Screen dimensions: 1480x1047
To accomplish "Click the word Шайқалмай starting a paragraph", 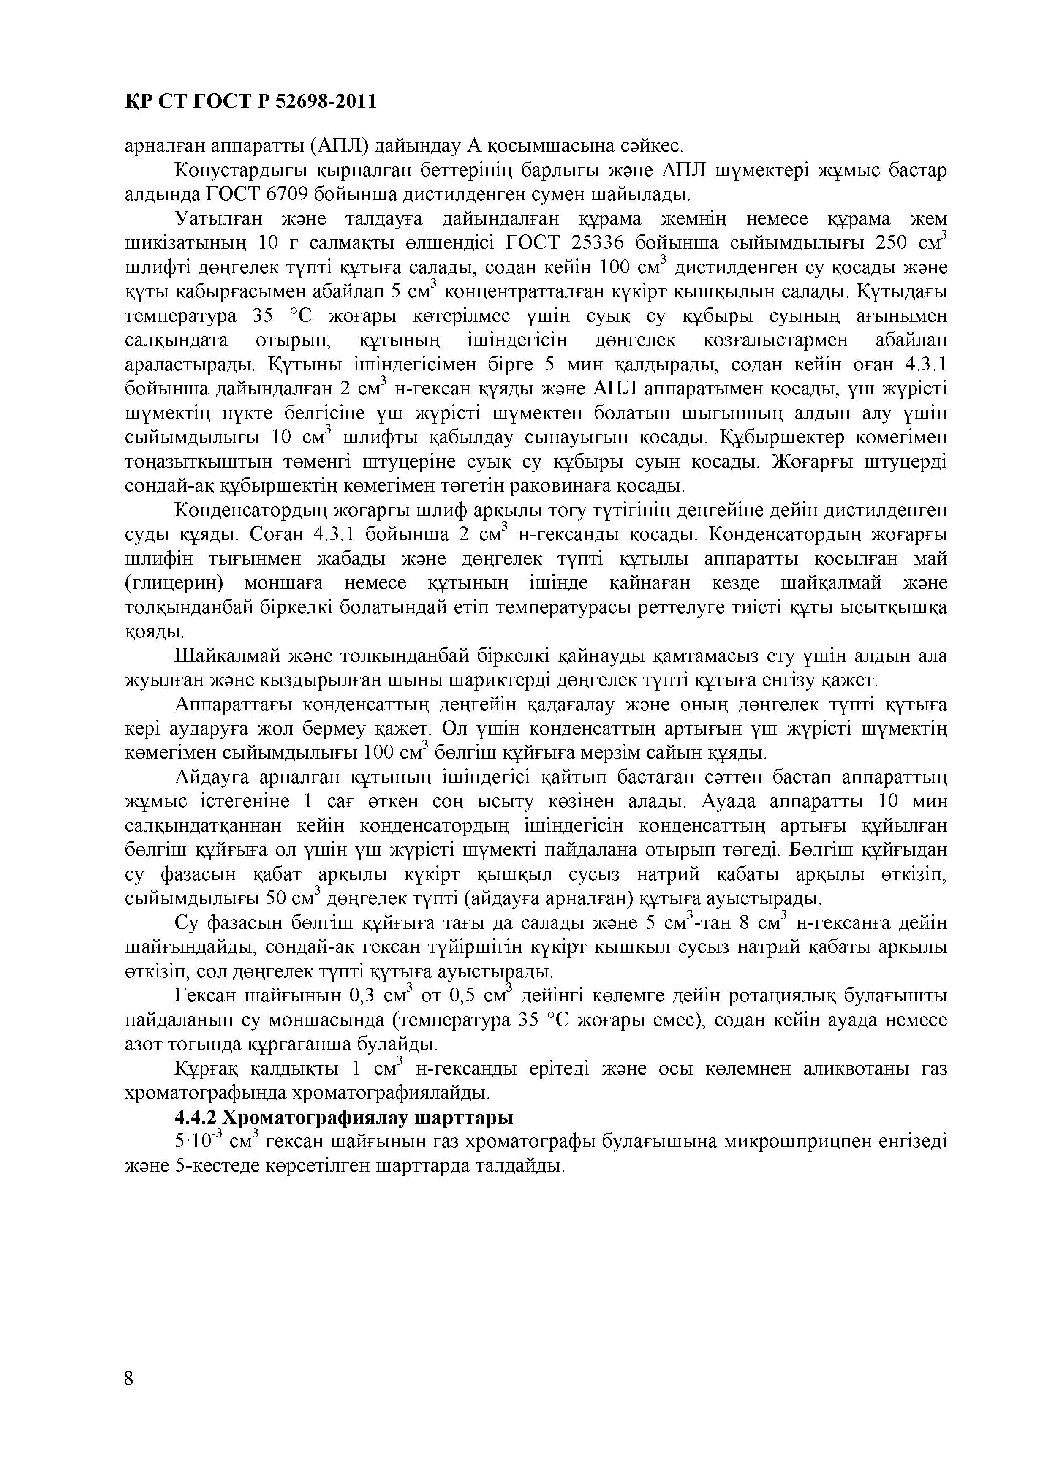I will pyautogui.click(x=228, y=656).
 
